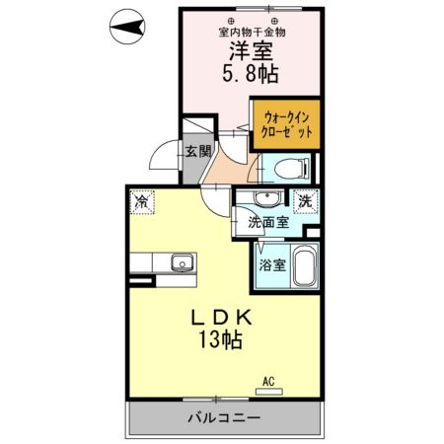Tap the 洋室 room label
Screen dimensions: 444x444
(252, 49)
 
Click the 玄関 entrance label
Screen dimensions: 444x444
(196, 151)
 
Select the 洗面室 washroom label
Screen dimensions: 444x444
(268, 223)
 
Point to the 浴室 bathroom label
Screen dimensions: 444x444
(272, 264)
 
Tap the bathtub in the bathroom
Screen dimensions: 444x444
(302, 266)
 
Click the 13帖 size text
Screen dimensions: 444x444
(223, 341)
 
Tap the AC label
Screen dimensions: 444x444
(268, 379)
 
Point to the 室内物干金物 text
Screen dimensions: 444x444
(252, 30)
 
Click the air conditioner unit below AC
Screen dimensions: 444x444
(268, 391)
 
